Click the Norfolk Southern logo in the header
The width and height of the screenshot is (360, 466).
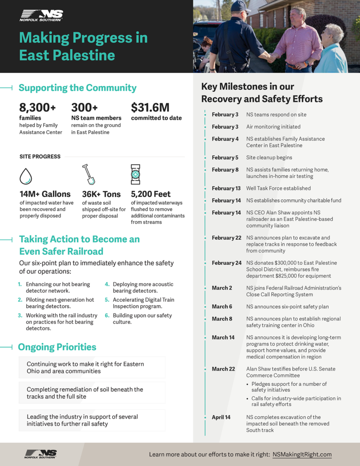click(41, 15)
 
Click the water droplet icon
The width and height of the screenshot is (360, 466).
click(26, 176)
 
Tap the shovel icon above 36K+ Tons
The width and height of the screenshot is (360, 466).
click(88, 174)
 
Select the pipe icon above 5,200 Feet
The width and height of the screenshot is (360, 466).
click(135, 174)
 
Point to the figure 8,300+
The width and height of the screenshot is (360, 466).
click(37, 108)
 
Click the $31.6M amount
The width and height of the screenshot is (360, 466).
click(150, 108)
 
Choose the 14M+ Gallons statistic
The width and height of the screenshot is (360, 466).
click(45, 194)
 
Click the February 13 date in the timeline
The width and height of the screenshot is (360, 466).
click(226, 188)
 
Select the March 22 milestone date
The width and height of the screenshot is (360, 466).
click(223, 369)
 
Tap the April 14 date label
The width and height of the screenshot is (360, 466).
click(221, 417)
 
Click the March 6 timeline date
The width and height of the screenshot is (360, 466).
click(222, 307)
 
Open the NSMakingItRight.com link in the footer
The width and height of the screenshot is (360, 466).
click(302, 454)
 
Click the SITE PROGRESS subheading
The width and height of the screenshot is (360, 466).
click(40, 157)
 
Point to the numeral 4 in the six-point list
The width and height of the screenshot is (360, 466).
click(107, 284)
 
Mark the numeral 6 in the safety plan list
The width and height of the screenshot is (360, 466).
click(107, 315)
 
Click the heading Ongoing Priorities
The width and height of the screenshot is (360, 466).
click(57, 347)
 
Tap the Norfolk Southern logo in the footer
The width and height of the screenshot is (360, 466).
click(41, 454)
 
